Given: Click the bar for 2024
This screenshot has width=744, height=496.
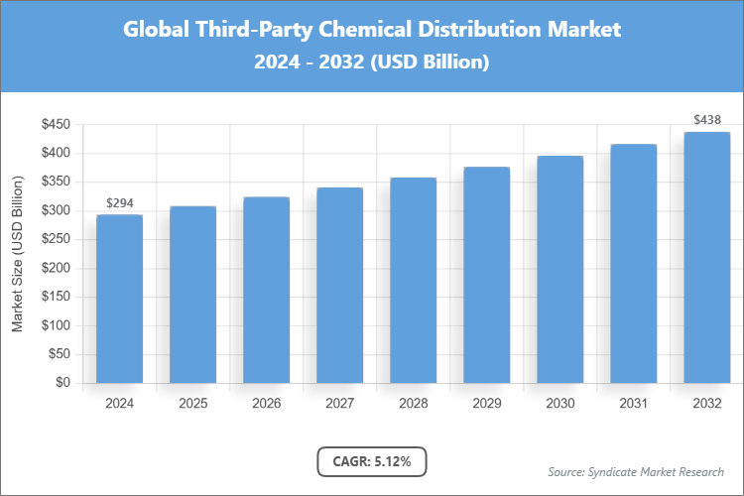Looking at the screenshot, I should pos(119,299).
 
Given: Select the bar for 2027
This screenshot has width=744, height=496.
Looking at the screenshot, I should pos(339,285).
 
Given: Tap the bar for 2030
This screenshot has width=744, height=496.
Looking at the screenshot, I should pos(559,269).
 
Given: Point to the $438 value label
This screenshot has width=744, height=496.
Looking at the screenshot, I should pos(706,120).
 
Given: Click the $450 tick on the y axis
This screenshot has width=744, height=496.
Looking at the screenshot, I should pos(55,124).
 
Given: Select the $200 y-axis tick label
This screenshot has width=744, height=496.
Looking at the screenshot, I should pos(55,268).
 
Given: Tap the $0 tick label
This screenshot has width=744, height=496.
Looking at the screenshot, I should pos(62,383).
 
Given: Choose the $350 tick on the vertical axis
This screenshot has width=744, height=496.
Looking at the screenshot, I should pos(55,182).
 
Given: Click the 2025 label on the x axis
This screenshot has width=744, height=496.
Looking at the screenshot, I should pos(192,404).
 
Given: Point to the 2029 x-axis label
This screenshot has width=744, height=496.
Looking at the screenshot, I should pos(486,404).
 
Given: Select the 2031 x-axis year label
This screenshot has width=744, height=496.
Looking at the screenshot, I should pos(633,404).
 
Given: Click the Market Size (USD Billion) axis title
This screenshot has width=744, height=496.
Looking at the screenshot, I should pos(17,253).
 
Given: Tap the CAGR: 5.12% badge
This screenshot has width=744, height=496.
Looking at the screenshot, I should pos(371,461).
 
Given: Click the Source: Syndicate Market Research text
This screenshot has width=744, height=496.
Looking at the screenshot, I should pos(635,471).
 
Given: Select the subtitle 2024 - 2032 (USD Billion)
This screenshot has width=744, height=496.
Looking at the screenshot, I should pos(371,62).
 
